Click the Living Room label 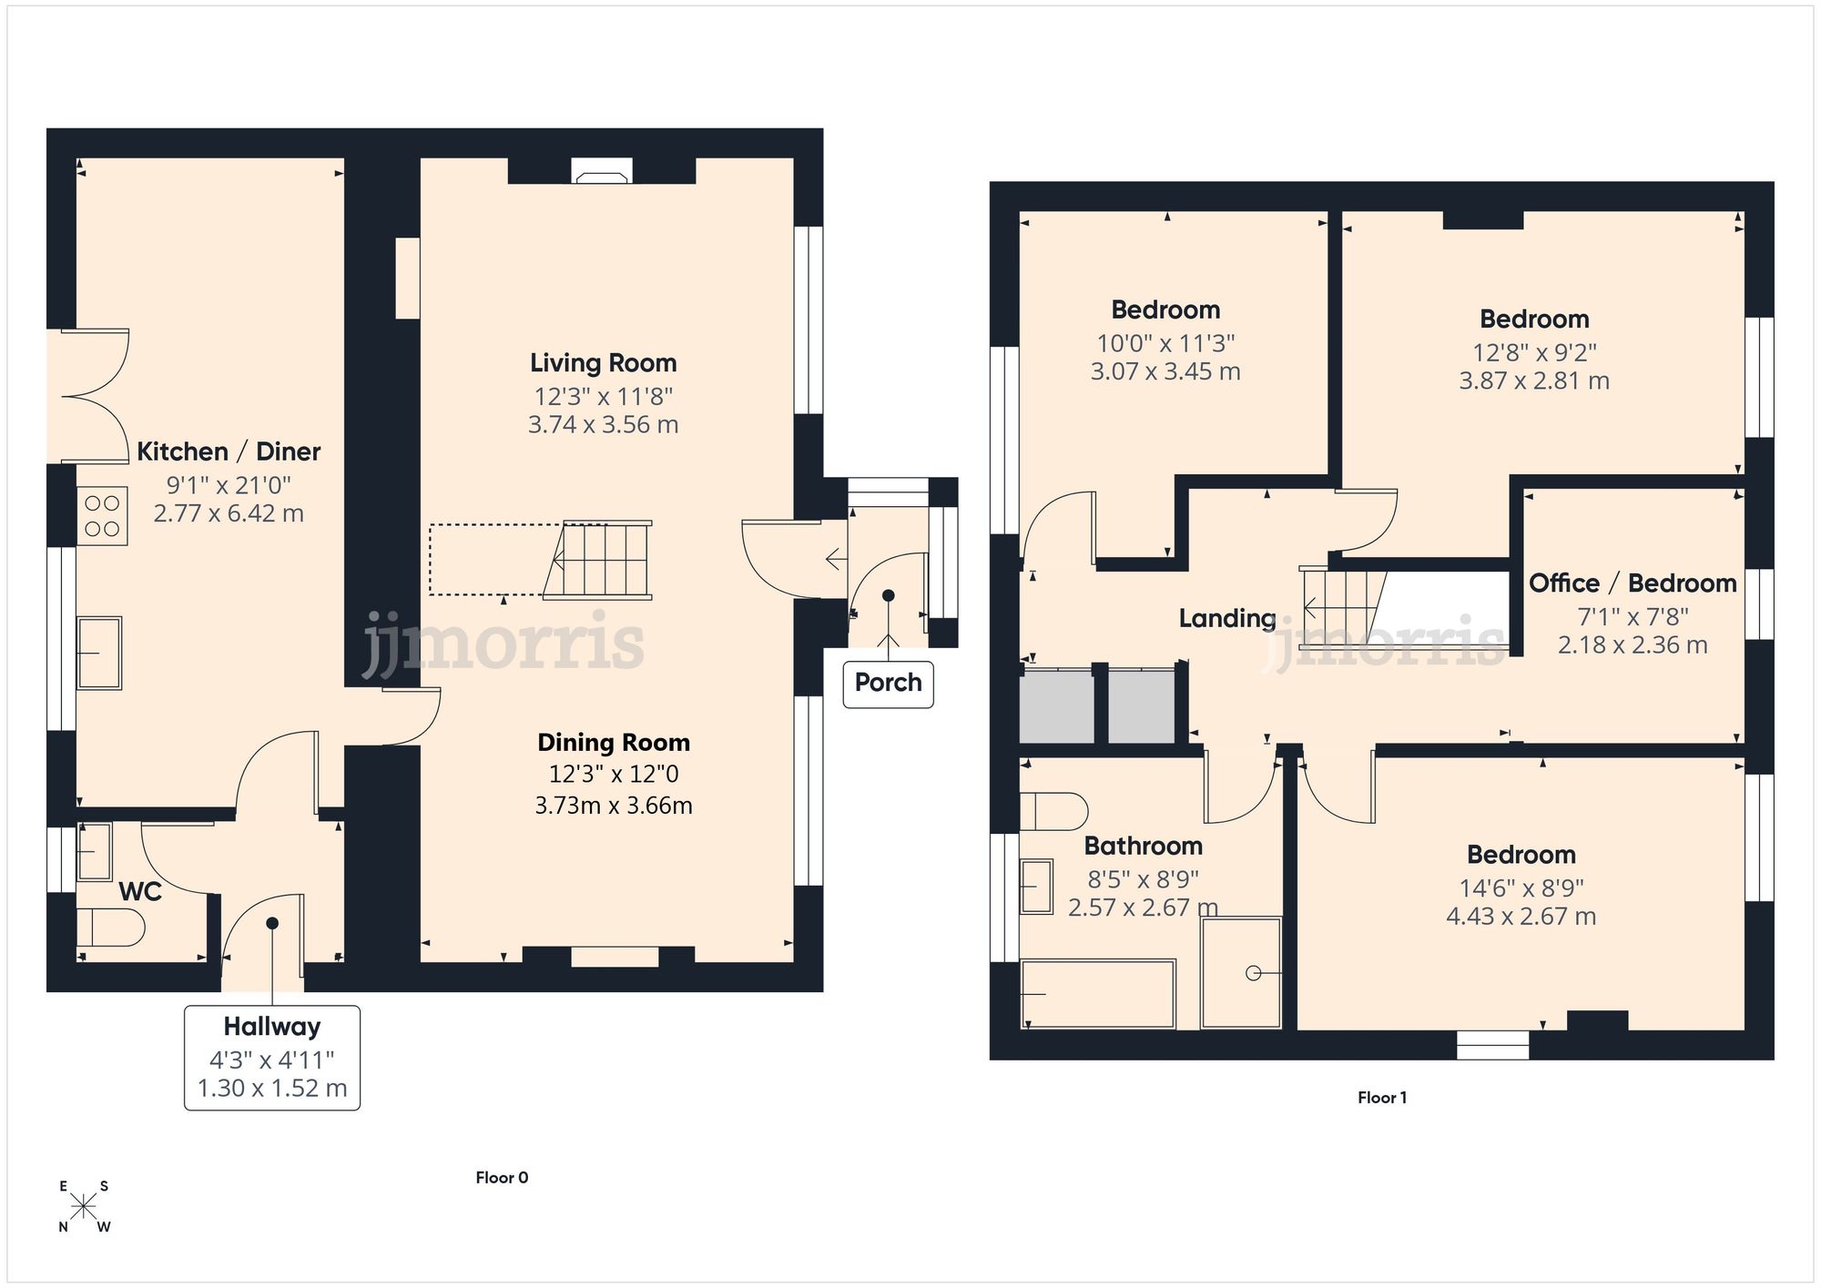(x=603, y=363)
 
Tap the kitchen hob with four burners (x=102, y=516)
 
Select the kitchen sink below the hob (x=99, y=653)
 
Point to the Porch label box (x=888, y=683)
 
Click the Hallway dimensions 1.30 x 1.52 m (x=272, y=1089)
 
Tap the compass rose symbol (x=84, y=1207)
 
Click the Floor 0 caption (x=502, y=1178)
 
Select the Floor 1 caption (x=1381, y=1098)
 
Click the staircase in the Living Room (x=601, y=560)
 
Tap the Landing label (x=1226, y=619)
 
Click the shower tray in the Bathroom (x=1241, y=972)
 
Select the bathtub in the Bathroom (x=1097, y=993)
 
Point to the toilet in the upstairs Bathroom (x=1053, y=811)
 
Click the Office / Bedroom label (x=1632, y=583)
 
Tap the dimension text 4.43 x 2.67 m (x=1521, y=917)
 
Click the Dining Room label (x=613, y=743)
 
